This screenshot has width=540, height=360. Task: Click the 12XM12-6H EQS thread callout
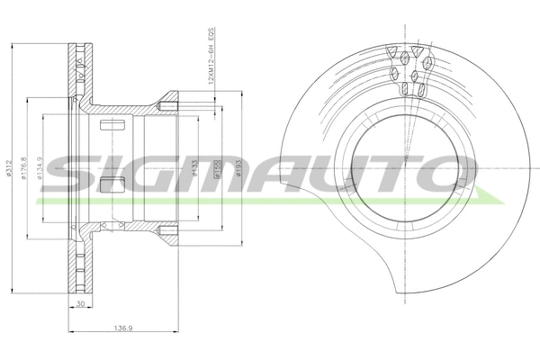click(x=210, y=56)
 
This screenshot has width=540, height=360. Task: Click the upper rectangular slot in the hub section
click(x=113, y=126)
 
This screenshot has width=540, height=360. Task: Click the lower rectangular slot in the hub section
click(x=113, y=186)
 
